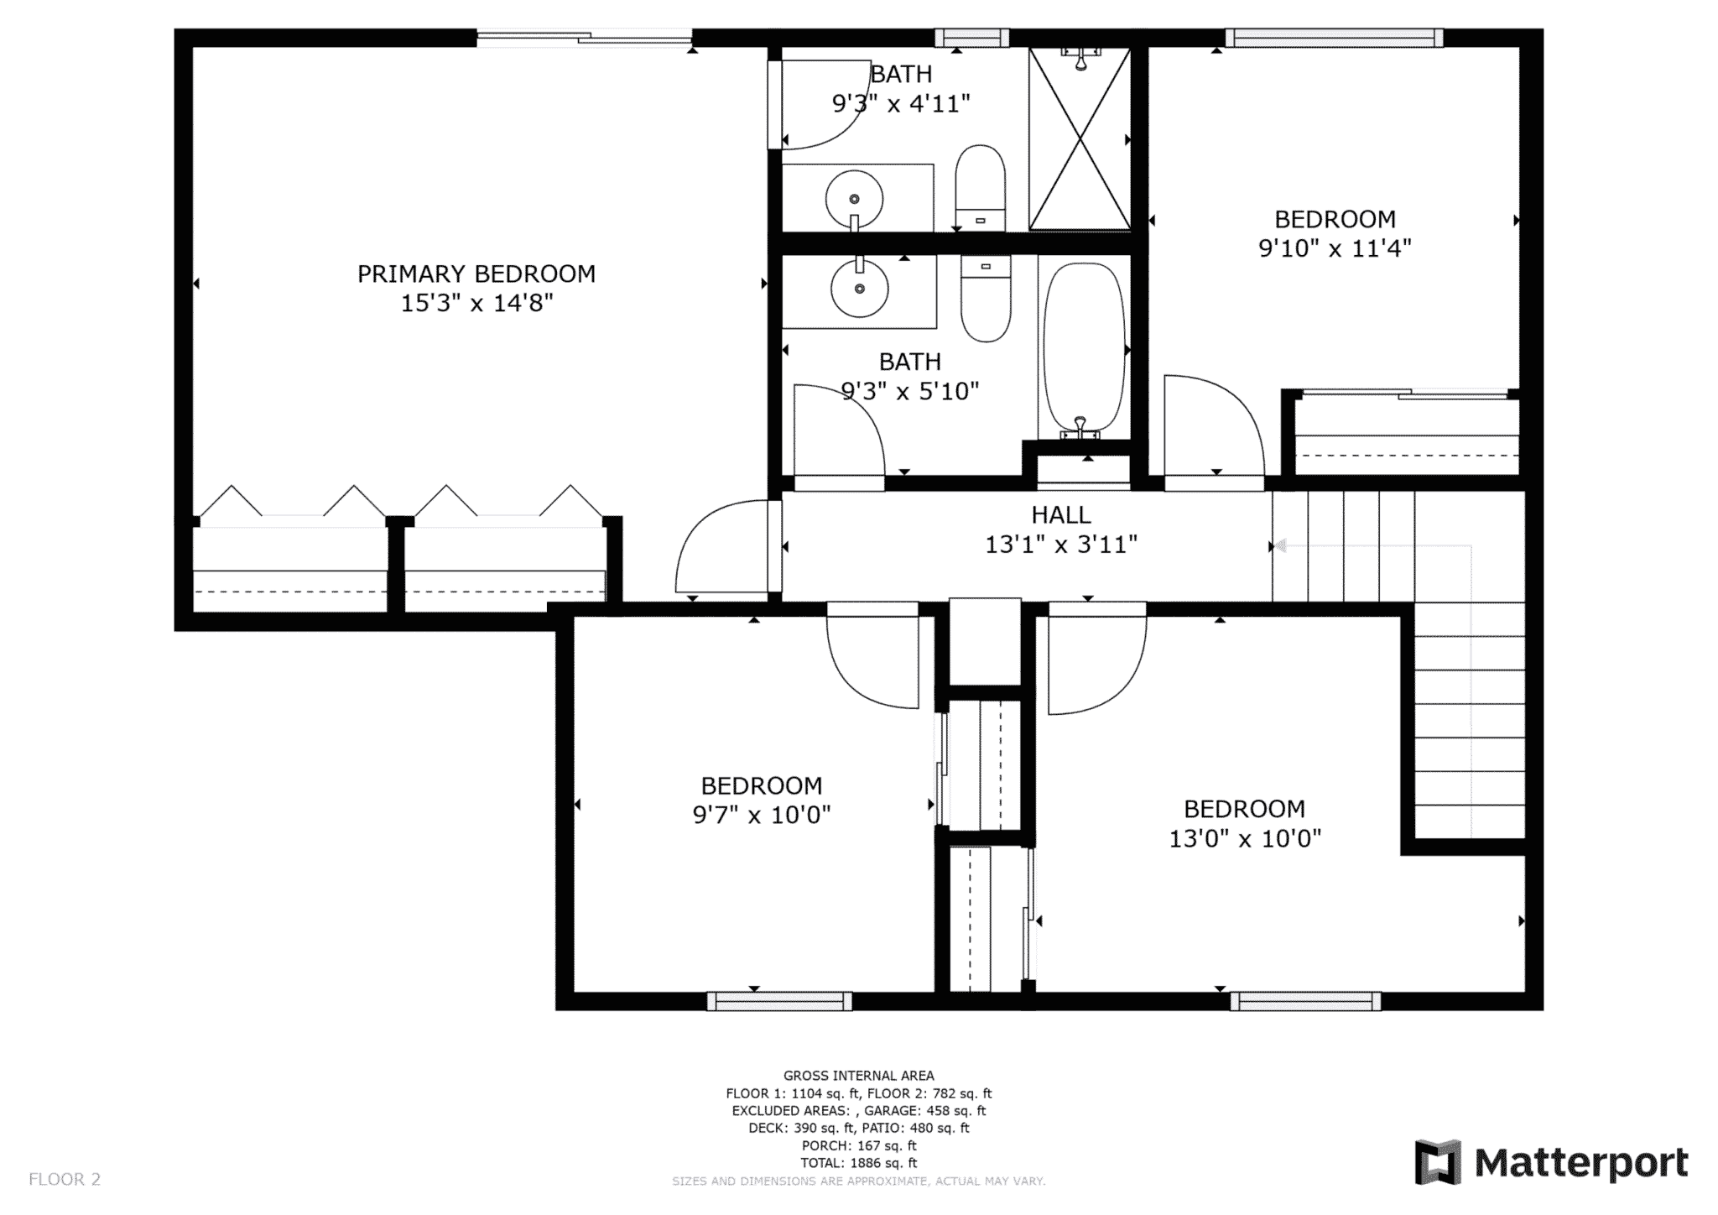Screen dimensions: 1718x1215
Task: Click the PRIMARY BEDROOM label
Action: pos(476,274)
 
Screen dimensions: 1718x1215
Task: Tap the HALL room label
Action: pos(1061,514)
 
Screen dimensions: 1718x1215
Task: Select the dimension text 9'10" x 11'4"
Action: pos(1335,248)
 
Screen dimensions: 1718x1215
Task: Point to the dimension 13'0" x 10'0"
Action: pos(1245,838)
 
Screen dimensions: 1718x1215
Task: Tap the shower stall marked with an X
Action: pos(1080,138)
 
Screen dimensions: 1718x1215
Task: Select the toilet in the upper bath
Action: pos(981,188)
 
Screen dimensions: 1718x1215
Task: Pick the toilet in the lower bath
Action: pos(986,298)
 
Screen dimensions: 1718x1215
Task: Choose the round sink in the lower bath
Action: pos(859,288)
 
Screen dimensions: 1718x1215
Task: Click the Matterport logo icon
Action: pos(1438,1162)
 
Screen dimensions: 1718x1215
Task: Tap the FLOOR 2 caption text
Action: pos(65,1179)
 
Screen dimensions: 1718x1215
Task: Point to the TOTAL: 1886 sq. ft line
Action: pos(858,1163)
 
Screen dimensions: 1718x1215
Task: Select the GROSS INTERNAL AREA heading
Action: pos(858,1076)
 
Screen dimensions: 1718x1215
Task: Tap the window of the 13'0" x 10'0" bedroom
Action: pos(1305,1000)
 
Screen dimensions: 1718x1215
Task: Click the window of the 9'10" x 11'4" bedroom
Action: pos(1334,38)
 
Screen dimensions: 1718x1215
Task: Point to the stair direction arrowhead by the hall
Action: pos(1281,546)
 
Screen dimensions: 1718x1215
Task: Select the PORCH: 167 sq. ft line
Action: pos(858,1145)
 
